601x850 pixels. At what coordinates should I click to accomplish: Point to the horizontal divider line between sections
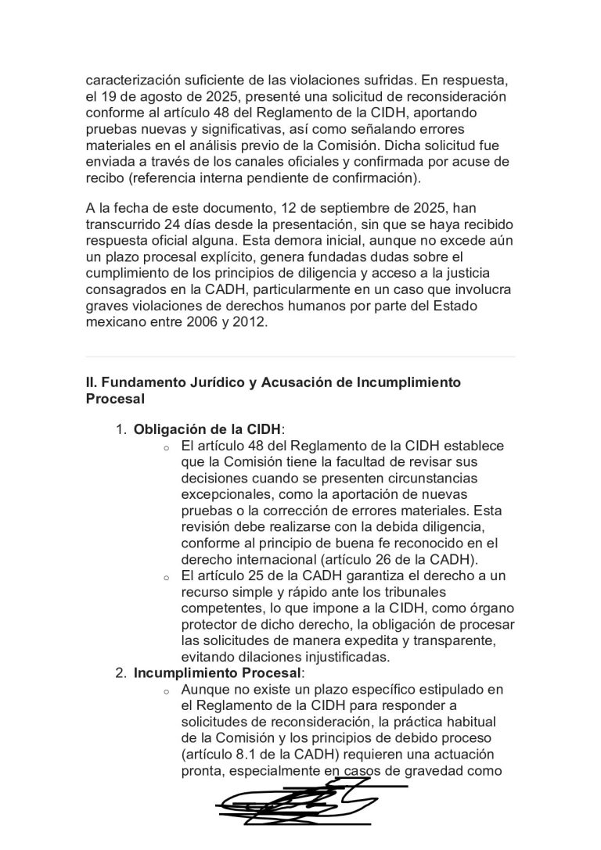300,357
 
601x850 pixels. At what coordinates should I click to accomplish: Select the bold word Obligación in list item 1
167,429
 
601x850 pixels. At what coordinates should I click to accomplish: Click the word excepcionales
225,495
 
